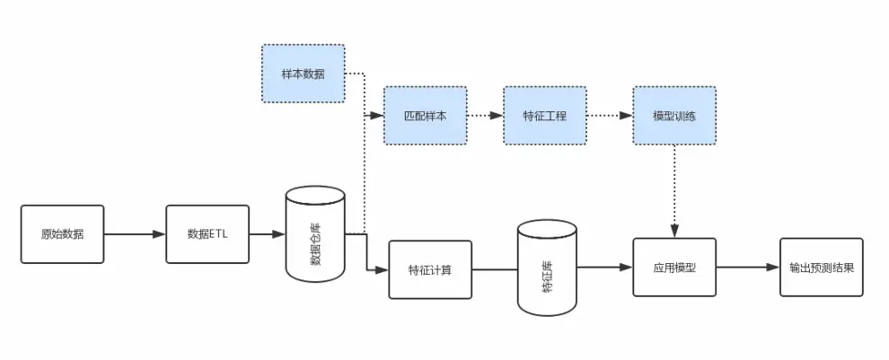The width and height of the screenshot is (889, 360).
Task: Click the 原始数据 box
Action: (x=62, y=234)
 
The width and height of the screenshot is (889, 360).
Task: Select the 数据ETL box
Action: (x=207, y=234)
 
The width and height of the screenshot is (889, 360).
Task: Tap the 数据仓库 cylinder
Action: (x=314, y=235)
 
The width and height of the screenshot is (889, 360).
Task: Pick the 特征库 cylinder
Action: (x=547, y=269)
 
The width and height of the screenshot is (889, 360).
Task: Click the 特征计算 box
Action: (x=429, y=269)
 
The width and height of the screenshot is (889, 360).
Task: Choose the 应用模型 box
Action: (x=674, y=268)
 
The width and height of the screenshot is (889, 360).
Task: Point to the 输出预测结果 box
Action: (x=821, y=268)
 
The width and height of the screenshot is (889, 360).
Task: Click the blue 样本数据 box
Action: (x=304, y=73)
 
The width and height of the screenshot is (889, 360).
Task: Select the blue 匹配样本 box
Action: (x=425, y=116)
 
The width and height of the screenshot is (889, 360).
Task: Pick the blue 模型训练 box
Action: (x=674, y=116)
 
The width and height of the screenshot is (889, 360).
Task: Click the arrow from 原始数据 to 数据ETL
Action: (x=135, y=235)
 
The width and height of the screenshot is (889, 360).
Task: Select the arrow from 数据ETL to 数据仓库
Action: (x=267, y=235)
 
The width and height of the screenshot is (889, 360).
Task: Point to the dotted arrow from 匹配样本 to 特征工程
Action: (x=484, y=116)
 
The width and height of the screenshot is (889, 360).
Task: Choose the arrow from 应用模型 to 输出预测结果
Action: (x=747, y=268)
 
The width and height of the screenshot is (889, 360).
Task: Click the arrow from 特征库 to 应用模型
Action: (x=604, y=268)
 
